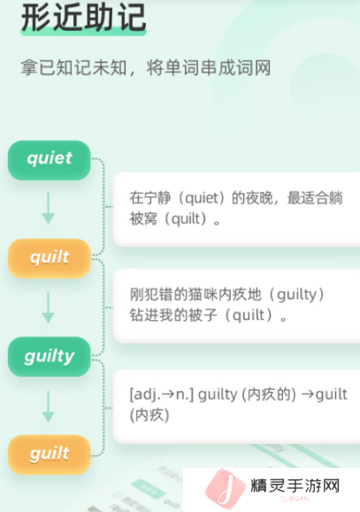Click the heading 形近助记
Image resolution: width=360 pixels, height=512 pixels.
83,18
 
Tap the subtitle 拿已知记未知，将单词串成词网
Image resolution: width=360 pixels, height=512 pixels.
146,68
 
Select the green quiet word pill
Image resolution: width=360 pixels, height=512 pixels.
49,160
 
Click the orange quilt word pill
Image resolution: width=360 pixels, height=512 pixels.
49,258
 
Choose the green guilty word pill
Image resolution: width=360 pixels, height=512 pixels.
49,356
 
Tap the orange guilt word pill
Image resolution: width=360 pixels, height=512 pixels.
49,455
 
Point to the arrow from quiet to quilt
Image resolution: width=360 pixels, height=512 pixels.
49,209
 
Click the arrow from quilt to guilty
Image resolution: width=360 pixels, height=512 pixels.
49,308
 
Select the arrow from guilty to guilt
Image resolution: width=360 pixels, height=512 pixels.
49,407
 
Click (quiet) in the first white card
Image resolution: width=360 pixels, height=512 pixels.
202,198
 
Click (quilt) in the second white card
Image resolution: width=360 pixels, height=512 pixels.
249,316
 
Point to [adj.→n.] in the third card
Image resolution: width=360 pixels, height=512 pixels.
162,394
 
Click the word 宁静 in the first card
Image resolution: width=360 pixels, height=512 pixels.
157,198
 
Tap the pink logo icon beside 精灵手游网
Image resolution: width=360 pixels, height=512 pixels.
226,488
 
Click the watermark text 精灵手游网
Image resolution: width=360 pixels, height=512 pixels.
295,485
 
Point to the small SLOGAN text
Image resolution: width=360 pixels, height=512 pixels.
295,499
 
